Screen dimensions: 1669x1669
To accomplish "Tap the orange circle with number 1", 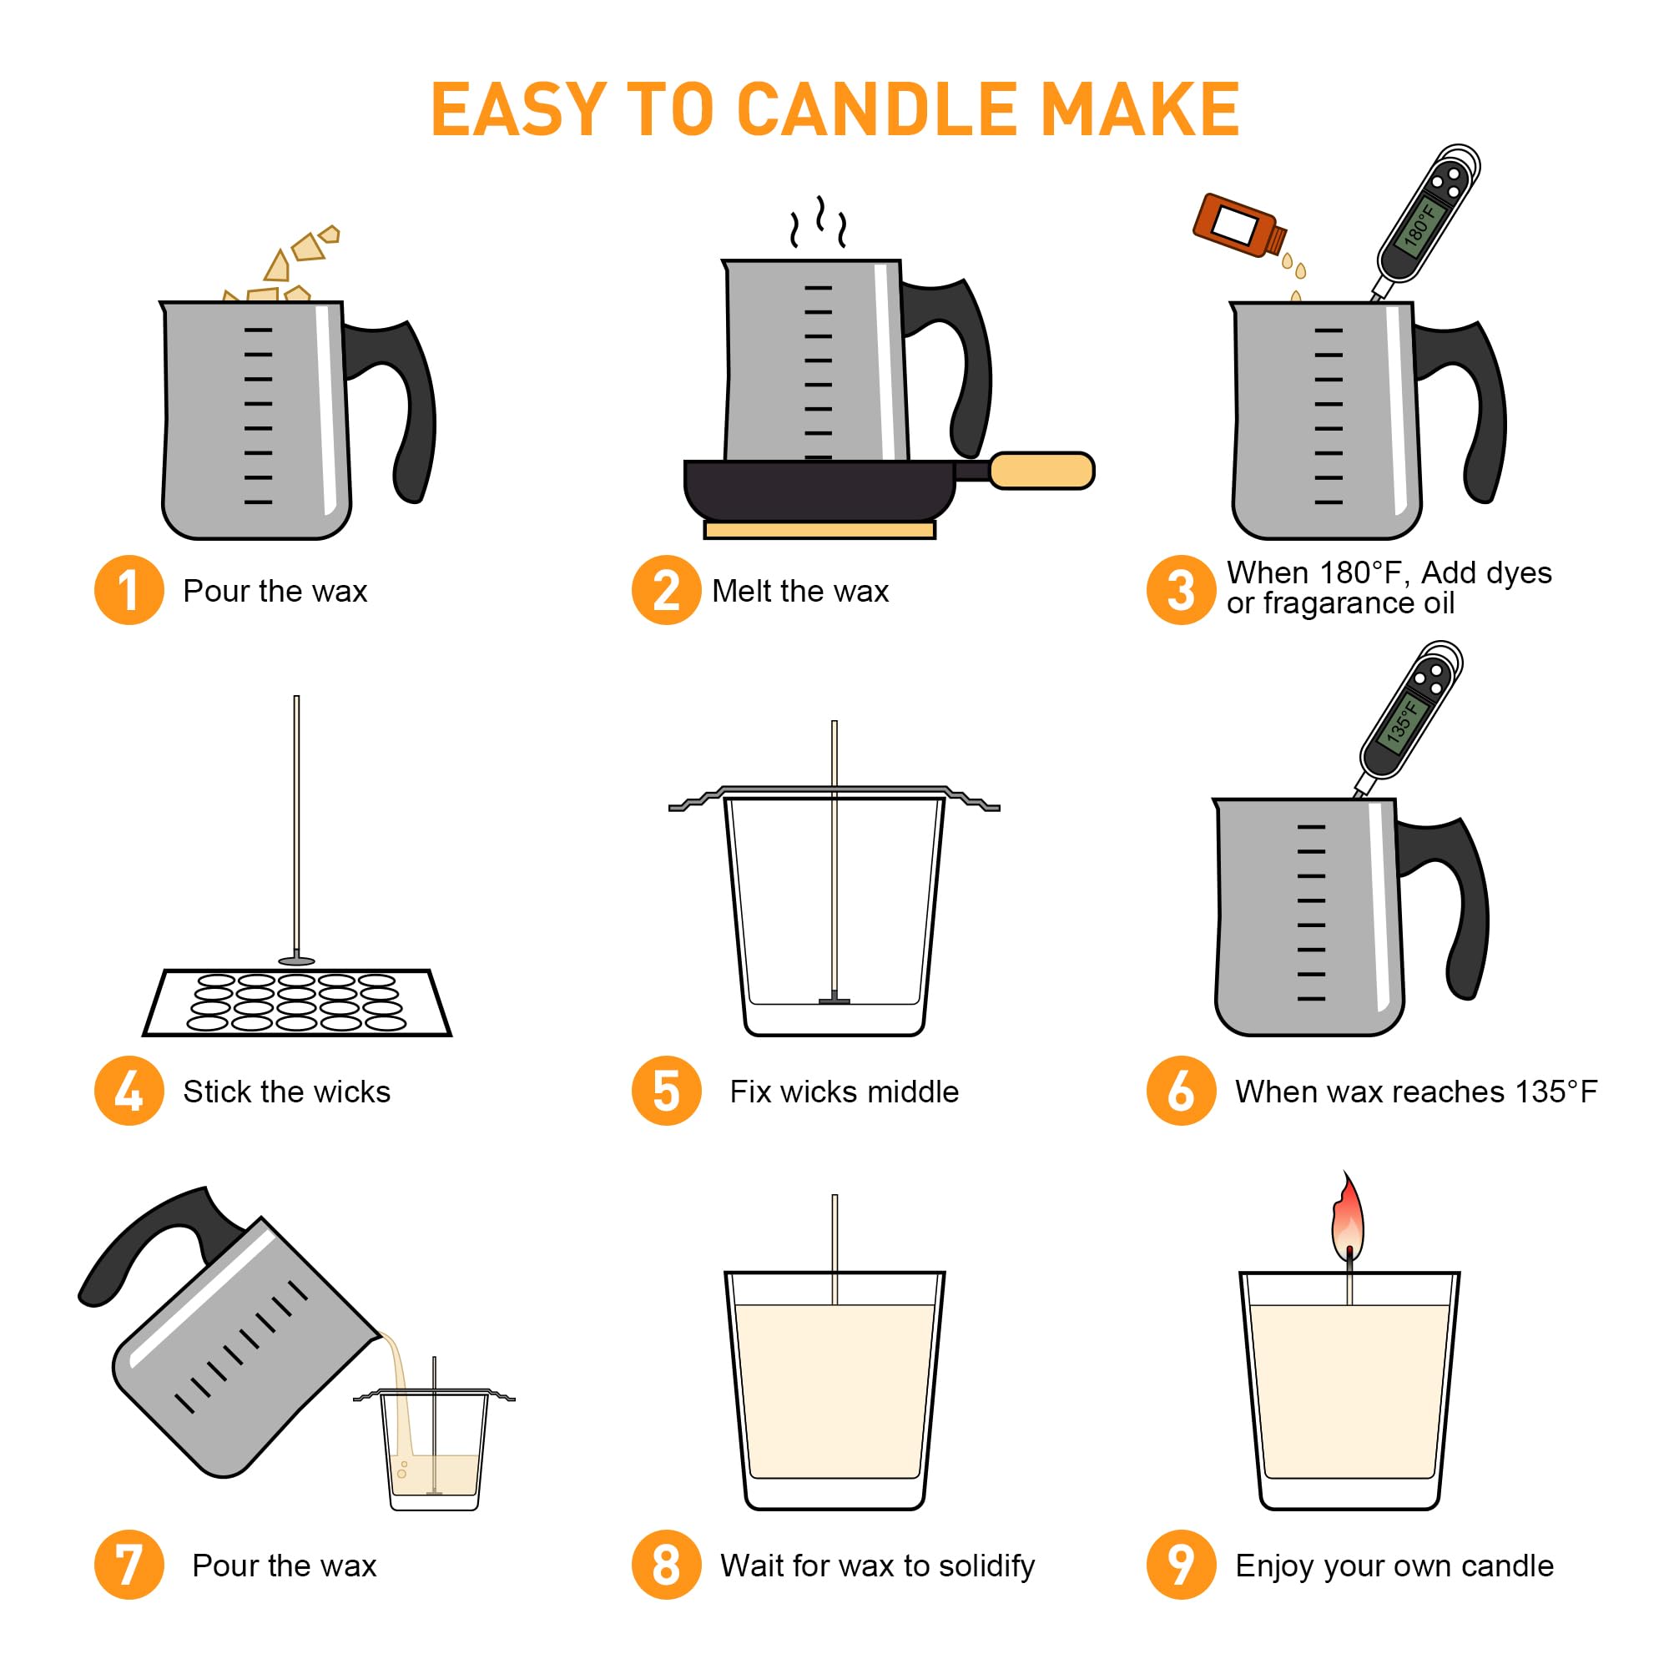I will (129, 590).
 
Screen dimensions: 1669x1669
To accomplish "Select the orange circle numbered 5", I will (666, 1090).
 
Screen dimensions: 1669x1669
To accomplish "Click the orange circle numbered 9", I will (1180, 1565).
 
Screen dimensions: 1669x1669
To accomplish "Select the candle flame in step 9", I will (1348, 1219).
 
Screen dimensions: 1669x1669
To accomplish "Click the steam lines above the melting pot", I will (817, 223).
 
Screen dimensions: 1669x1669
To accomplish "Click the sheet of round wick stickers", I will (296, 1002).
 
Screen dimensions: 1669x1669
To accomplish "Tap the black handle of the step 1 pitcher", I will (406, 406).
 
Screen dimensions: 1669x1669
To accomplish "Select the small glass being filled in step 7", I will (435, 1460).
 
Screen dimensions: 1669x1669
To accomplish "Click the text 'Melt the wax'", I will (800, 591).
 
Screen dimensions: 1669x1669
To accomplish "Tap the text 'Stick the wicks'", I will (286, 1091).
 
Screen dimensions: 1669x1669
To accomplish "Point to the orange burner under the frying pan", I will (819, 530).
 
